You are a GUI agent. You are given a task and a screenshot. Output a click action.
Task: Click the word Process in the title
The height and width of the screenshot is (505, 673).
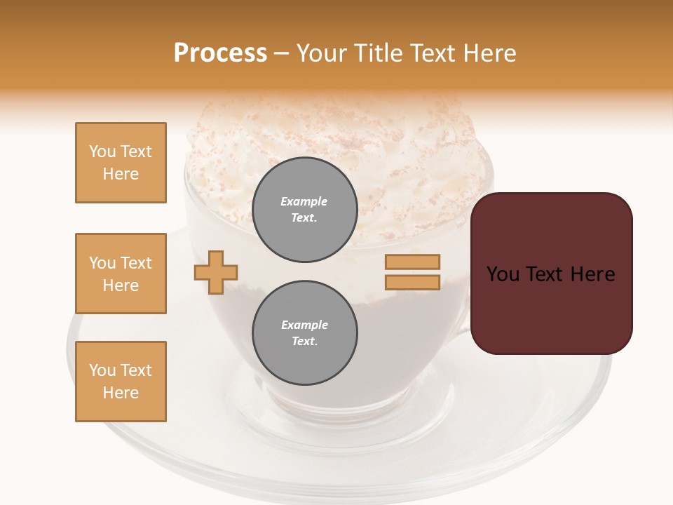click(x=220, y=53)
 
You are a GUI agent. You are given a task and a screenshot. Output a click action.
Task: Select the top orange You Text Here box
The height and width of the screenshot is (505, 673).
click(x=121, y=163)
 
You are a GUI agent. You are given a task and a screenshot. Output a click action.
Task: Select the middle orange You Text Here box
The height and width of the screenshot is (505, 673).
click(x=121, y=274)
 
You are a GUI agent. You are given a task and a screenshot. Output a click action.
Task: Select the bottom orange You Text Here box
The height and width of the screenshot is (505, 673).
click(x=121, y=382)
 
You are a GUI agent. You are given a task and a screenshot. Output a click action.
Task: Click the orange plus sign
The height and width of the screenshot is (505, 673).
click(x=216, y=272)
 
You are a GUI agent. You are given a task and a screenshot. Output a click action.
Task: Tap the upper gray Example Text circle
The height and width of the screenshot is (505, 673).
click(x=305, y=210)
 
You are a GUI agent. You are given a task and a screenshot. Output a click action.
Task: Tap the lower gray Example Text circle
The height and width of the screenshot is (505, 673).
click(x=305, y=332)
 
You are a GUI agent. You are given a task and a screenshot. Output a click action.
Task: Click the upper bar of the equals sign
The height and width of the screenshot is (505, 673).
click(x=412, y=262)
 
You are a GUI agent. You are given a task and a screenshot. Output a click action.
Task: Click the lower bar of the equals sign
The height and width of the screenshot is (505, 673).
click(x=412, y=282)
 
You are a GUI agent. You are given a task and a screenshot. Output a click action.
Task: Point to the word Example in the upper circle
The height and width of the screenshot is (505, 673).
click(x=304, y=201)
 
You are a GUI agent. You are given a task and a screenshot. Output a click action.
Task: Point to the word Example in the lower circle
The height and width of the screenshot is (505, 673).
click(x=304, y=325)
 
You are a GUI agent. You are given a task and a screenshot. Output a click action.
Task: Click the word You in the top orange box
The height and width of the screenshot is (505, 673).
click(x=102, y=151)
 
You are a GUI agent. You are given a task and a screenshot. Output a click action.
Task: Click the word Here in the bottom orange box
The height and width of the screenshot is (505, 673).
click(x=121, y=393)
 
